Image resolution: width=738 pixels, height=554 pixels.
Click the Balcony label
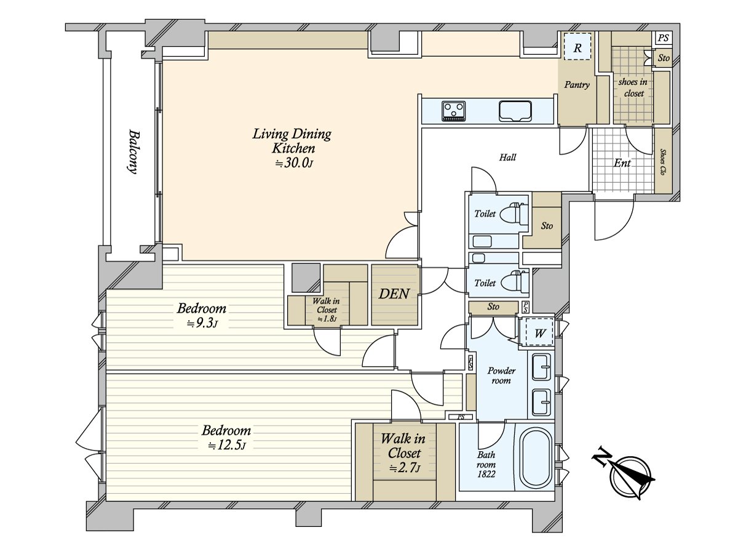[133, 152]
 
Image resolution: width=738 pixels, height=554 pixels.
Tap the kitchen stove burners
[454, 111]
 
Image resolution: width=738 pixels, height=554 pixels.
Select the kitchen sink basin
[515, 111]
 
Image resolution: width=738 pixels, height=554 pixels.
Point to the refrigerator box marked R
[577, 47]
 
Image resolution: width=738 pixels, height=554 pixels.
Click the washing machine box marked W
[539, 332]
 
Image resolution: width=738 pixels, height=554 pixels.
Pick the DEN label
[394, 294]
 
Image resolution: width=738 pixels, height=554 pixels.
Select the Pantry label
[577, 84]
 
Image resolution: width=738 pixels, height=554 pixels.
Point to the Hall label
[507, 157]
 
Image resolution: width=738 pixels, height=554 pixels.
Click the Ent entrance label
[622, 163]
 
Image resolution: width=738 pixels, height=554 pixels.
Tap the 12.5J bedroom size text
[226, 446]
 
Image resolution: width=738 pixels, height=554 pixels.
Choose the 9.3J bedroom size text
[202, 324]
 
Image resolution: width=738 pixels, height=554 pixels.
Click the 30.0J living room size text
[294, 164]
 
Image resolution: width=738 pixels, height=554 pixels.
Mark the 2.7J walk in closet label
[405, 468]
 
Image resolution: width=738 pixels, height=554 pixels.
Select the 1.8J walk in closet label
[327, 319]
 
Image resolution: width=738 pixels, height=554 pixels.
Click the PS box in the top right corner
[663, 38]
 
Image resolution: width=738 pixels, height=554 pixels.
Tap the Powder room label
[501, 375]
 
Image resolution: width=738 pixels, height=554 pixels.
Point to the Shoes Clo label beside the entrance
[662, 162]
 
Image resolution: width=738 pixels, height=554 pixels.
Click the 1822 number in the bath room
[486, 474]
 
